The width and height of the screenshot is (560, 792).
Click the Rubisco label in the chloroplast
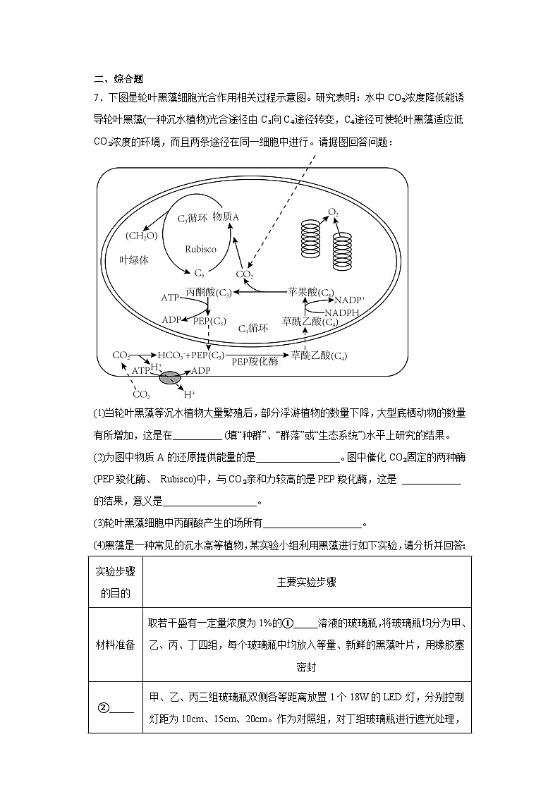(200, 249)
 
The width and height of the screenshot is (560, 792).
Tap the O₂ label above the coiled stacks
(333, 212)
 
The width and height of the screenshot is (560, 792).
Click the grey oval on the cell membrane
(170, 379)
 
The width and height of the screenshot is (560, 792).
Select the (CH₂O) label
(141, 235)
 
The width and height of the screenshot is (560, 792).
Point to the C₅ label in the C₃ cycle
(199, 272)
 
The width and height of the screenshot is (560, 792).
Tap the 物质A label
(226, 217)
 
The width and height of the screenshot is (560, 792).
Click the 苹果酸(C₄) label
(311, 291)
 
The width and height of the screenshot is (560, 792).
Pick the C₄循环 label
(253, 328)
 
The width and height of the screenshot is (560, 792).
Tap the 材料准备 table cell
(116, 645)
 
